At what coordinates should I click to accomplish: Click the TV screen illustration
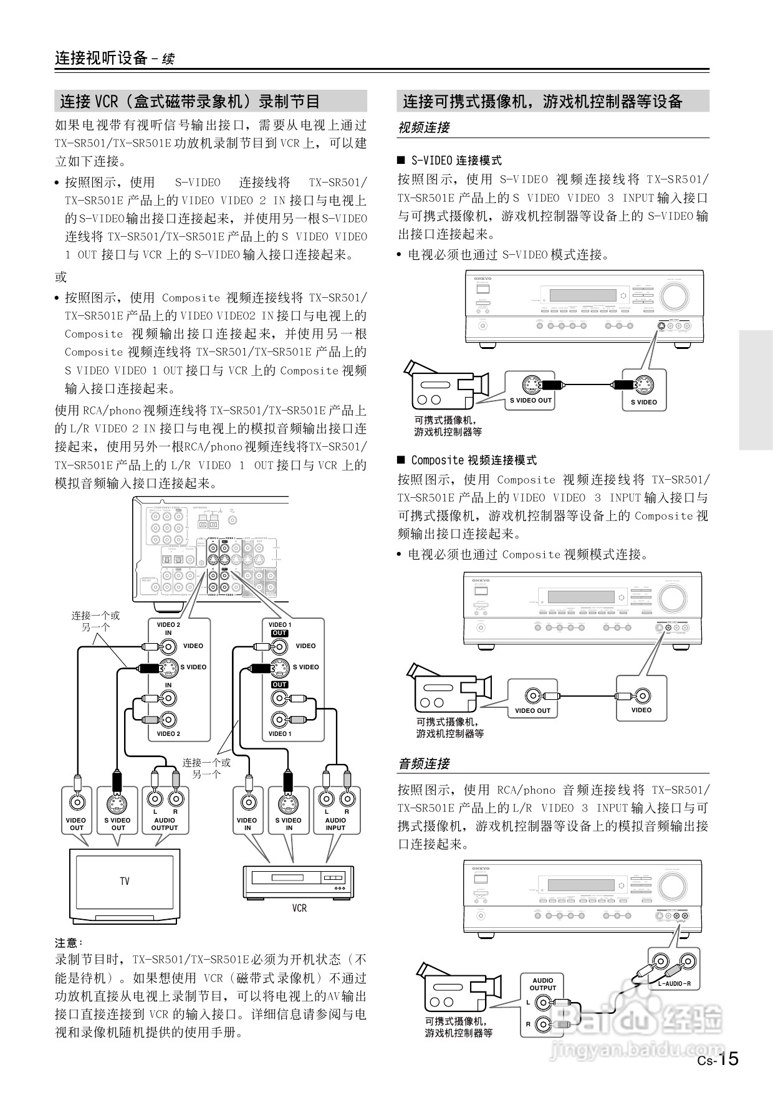[125, 881]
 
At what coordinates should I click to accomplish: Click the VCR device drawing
[298, 881]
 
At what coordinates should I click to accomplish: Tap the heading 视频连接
[423, 128]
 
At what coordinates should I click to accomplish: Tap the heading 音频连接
[423, 764]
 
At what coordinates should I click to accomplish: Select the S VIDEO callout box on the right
[643, 389]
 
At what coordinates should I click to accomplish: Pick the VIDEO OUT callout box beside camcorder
[532, 699]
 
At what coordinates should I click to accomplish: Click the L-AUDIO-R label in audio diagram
[674, 984]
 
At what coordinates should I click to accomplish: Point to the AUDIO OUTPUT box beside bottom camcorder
[543, 1003]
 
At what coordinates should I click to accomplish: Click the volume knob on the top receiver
[675, 297]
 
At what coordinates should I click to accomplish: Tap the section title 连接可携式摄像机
[542, 102]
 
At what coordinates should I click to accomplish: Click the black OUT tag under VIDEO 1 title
[279, 633]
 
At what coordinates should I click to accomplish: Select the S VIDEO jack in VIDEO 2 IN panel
[168, 667]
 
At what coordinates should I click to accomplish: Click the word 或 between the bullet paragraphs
[60, 277]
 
